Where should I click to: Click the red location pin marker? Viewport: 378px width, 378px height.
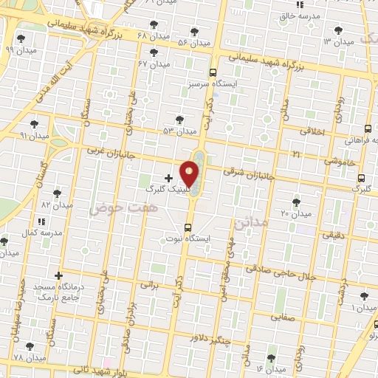point(190,173)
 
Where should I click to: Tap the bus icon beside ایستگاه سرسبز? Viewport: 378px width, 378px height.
point(213,72)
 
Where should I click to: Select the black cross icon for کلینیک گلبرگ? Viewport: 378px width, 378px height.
point(168,178)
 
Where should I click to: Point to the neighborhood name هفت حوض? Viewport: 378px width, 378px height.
point(114,210)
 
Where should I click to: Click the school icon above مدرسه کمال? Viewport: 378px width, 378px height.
point(41,221)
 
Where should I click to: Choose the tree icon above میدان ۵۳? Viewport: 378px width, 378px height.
point(179,120)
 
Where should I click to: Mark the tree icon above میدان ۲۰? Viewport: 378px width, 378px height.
point(296,202)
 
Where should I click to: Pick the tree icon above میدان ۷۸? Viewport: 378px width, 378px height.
point(30,346)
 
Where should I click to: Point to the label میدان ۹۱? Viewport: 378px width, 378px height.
point(34,136)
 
